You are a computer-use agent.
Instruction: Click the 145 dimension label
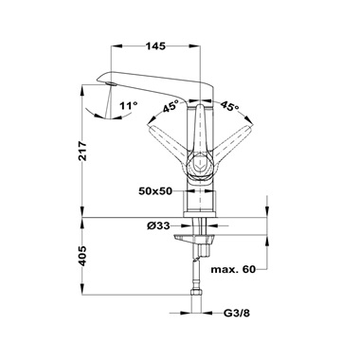pos(155,46)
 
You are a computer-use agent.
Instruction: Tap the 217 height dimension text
pos(82,151)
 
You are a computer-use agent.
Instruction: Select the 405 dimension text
pos(82,256)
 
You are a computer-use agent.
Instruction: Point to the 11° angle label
pos(129,105)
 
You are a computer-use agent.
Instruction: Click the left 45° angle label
pos(171,106)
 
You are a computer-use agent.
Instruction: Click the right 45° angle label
pos(229,106)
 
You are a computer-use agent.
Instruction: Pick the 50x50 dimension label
pos(155,191)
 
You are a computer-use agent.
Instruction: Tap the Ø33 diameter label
pos(158,225)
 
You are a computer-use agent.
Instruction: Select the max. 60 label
pos(233,269)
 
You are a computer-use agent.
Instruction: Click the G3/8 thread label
pos(237,314)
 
